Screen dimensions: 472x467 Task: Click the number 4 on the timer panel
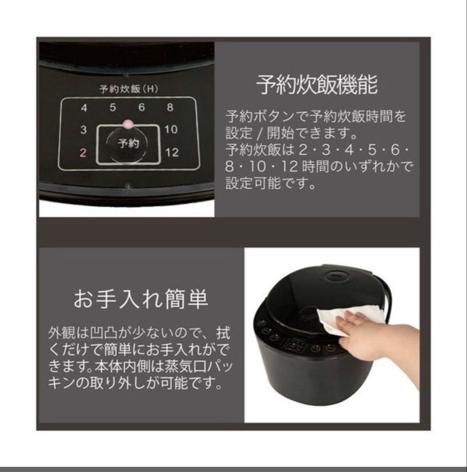(84, 108)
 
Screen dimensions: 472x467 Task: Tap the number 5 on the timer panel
(112, 108)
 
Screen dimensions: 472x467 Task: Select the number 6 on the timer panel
(141, 108)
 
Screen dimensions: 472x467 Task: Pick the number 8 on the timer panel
(170, 108)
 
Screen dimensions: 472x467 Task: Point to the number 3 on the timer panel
(84, 130)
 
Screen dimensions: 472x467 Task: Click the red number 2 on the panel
(84, 153)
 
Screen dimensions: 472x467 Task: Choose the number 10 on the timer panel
(171, 130)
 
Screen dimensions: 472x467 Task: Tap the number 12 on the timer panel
(172, 153)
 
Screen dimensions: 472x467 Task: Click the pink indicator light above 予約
(127, 124)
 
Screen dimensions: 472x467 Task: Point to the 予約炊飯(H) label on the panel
(128, 89)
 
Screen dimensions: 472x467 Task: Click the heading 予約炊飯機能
(317, 85)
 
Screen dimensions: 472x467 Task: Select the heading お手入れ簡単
(140, 300)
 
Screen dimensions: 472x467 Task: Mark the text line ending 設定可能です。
(271, 183)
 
